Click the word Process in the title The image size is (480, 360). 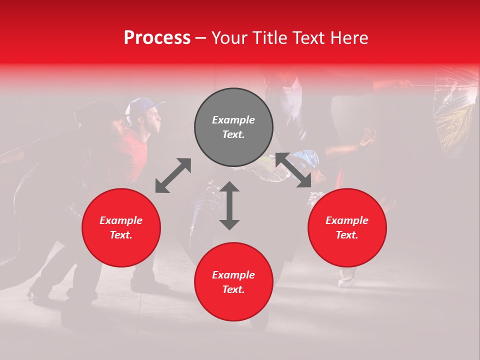coord(157,38)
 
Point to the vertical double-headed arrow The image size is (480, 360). coord(229,205)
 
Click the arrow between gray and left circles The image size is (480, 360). coord(173,175)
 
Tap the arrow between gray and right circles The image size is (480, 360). coord(293,170)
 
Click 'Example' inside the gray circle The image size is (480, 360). coord(233,120)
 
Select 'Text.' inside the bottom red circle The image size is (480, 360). coord(233,289)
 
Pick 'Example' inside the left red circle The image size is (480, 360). coord(121,220)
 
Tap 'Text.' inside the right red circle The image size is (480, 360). coord(347,235)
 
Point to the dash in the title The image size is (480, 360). coord(201,38)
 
